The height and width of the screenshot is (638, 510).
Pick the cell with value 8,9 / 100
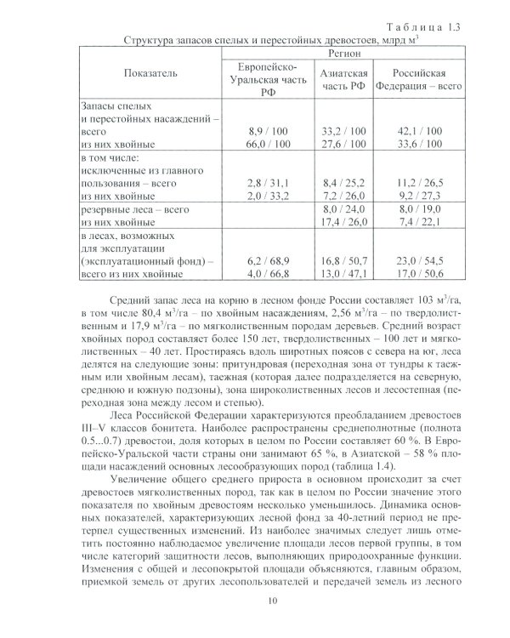[x=267, y=132]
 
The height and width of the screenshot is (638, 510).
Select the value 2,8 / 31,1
[x=267, y=182]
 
